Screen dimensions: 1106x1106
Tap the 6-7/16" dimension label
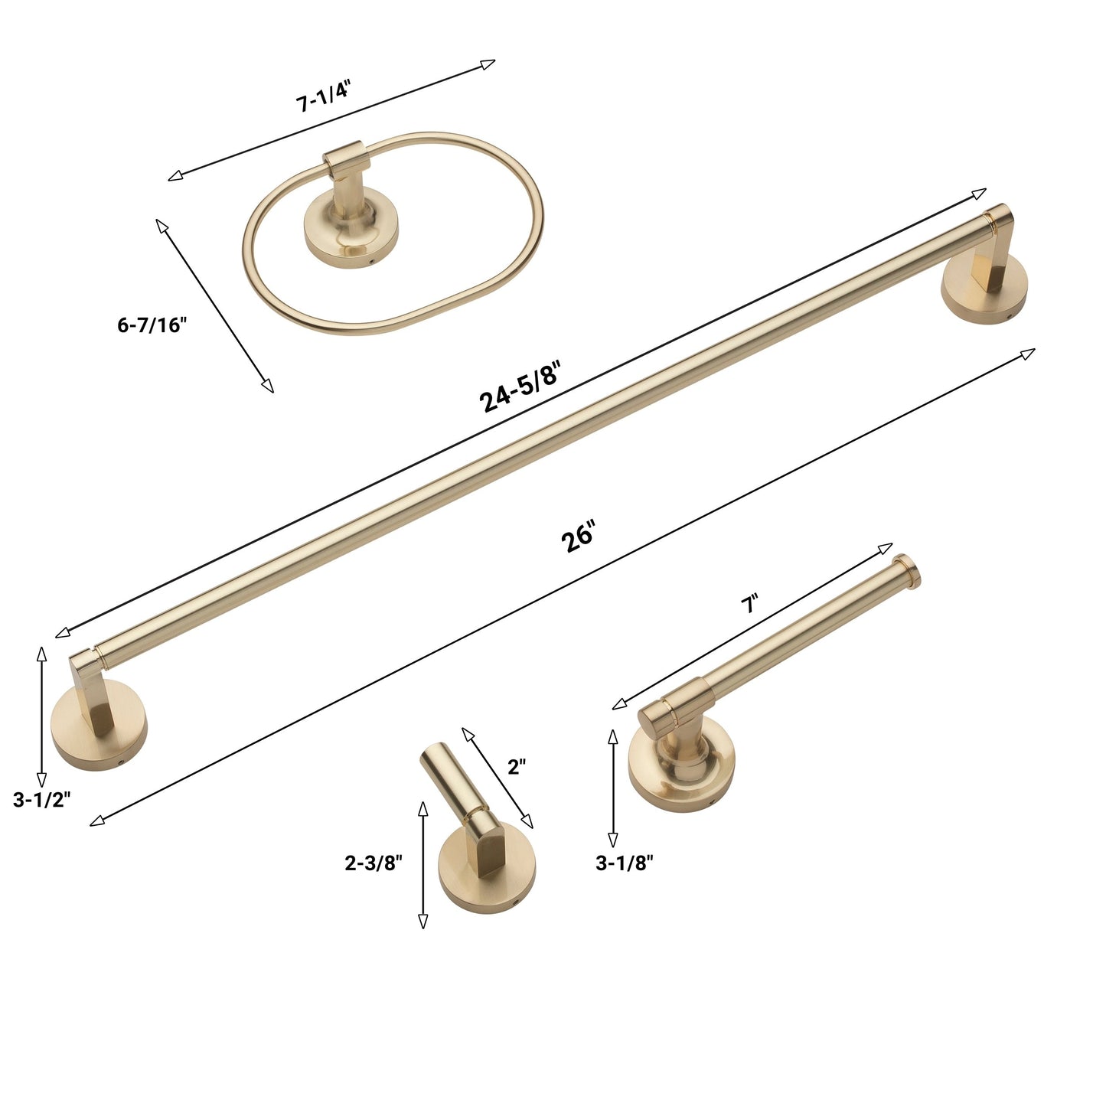(152, 325)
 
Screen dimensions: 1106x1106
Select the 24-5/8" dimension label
(519, 387)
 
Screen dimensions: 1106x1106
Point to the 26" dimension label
(579, 536)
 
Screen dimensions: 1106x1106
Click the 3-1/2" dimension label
(42, 800)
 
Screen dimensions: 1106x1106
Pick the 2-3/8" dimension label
(374, 863)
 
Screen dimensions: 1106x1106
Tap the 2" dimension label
(517, 766)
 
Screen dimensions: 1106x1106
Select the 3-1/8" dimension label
(625, 863)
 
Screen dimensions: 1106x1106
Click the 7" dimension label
(749, 603)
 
